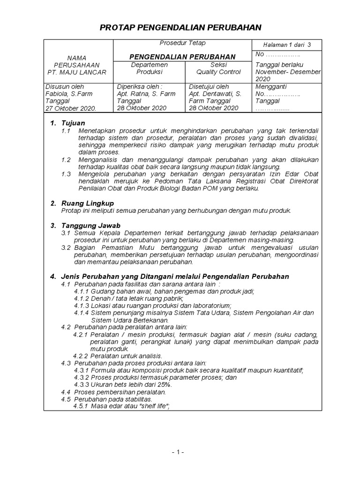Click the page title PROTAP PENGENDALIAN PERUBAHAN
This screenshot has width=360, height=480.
[x=180, y=28]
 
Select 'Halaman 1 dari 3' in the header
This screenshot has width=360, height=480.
[x=287, y=45]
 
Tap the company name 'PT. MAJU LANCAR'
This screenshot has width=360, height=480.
[x=77, y=72]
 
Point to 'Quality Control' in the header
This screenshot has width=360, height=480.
[x=218, y=72]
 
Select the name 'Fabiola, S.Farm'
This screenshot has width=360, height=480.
[x=69, y=94]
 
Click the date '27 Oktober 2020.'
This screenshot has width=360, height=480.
[x=71, y=108]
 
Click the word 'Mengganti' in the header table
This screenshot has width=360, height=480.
[x=271, y=87]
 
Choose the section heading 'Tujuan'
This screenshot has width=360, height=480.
[x=73, y=123]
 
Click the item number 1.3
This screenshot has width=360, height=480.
[x=66, y=174]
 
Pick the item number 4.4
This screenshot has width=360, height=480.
[x=66, y=392]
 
